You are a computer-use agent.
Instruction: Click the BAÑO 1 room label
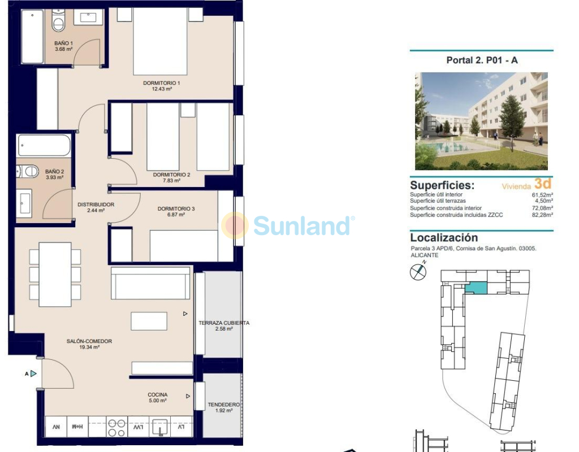[63, 43]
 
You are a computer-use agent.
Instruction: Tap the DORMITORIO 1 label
[161, 83]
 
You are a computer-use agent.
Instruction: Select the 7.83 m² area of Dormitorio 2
[171, 181]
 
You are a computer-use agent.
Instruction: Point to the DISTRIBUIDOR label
[96, 205]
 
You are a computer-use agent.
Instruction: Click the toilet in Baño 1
[58, 21]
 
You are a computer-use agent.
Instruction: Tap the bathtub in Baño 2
[44, 145]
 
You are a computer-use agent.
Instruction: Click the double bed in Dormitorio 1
[160, 41]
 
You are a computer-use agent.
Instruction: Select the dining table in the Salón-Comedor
[55, 274]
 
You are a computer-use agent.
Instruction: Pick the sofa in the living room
[150, 283]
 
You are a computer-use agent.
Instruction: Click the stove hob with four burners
[116, 428]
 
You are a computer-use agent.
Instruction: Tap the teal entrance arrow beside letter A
[33, 374]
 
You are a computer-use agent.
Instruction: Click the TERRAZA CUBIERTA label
[224, 323]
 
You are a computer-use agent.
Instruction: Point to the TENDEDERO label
[224, 405]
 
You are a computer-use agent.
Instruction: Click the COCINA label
[158, 395]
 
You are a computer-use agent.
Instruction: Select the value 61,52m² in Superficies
[542, 195]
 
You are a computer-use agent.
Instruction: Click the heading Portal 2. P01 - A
[482, 60]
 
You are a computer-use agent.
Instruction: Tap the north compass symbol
[418, 272]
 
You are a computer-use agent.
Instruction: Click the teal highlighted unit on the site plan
[476, 288]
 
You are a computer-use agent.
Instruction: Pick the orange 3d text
[543, 184]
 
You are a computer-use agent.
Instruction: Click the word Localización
[444, 238]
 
